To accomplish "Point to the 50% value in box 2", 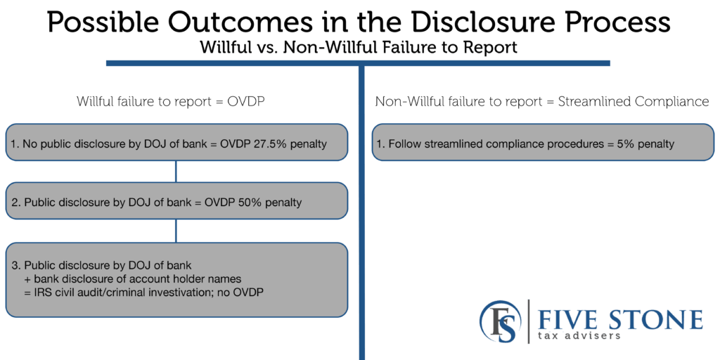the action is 249,202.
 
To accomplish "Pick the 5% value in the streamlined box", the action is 631,144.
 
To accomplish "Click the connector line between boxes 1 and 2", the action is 176,172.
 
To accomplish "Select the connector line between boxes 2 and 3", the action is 176,231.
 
